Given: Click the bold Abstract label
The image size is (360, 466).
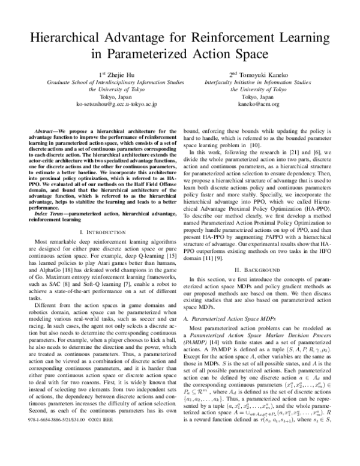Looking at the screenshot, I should point(50,130).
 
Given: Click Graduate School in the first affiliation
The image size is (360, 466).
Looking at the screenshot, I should point(67,82).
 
